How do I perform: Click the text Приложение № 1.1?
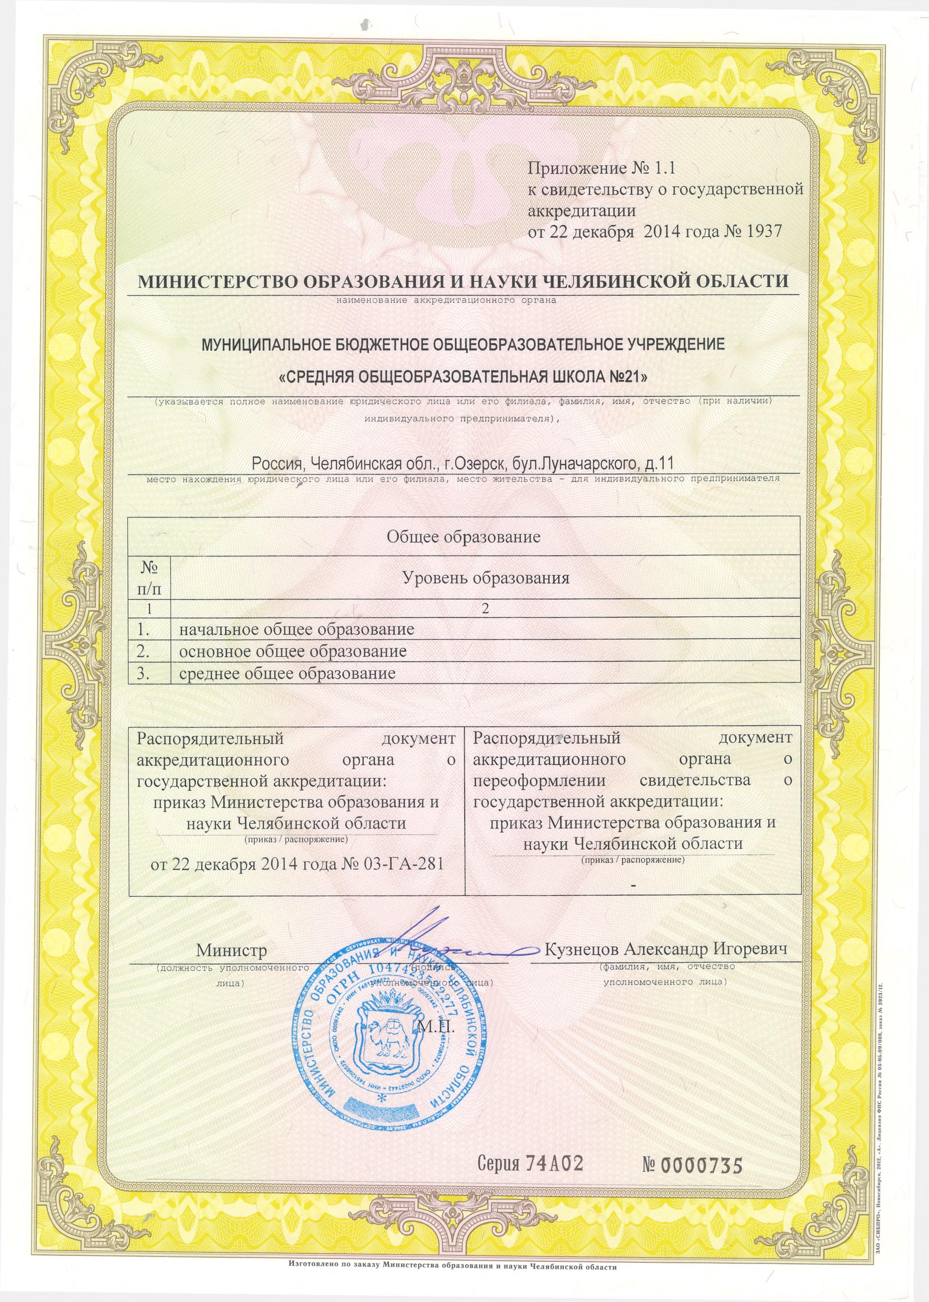[602, 168]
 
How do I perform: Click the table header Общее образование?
[463, 537]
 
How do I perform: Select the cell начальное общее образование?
[296, 629]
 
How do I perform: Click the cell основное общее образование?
[293, 651]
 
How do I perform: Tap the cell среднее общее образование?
[287, 673]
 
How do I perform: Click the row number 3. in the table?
[142, 673]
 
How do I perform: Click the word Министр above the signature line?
[232, 950]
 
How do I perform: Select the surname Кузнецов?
[581, 949]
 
